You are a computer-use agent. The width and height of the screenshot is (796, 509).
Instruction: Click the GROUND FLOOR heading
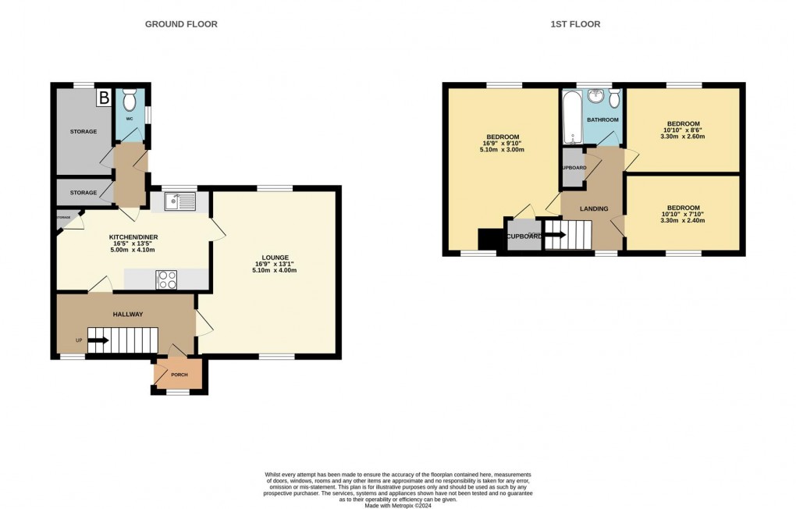[181, 24]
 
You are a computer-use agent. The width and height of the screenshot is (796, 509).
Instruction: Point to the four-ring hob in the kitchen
[167, 279]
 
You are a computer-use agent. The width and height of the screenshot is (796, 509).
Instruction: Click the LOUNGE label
[275, 258]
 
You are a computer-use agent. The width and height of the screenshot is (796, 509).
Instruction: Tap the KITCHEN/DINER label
[129, 235]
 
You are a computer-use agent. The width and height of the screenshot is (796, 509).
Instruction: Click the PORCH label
[179, 375]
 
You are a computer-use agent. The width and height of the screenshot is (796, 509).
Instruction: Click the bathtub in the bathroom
[570, 117]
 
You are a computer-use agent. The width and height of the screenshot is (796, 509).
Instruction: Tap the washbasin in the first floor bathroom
[597, 96]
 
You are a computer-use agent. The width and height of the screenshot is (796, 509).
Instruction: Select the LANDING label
[594, 208]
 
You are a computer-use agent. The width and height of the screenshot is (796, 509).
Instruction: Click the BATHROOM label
[602, 119]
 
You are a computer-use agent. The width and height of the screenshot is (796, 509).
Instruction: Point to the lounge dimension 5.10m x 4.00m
[275, 270]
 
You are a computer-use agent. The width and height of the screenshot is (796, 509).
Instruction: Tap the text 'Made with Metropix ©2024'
[398, 506]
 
